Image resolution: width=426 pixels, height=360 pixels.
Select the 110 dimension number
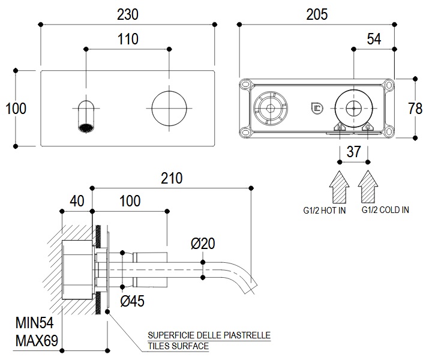click(x=128, y=39)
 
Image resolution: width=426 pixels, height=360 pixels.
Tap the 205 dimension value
click(x=317, y=14)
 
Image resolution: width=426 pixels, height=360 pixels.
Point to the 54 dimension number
click(x=374, y=39)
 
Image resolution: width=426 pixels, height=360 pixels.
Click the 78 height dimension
click(x=415, y=108)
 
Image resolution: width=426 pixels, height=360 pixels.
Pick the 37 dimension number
click(x=354, y=152)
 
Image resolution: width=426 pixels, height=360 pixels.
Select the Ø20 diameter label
click(x=202, y=243)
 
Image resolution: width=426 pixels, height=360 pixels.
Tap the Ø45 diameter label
click(x=133, y=301)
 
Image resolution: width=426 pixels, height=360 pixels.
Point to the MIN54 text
click(x=36, y=325)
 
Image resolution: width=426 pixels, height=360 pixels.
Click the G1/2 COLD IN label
click(x=385, y=210)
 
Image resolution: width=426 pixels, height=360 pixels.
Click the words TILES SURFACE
click(x=178, y=346)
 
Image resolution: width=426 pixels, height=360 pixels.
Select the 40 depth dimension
click(x=77, y=200)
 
